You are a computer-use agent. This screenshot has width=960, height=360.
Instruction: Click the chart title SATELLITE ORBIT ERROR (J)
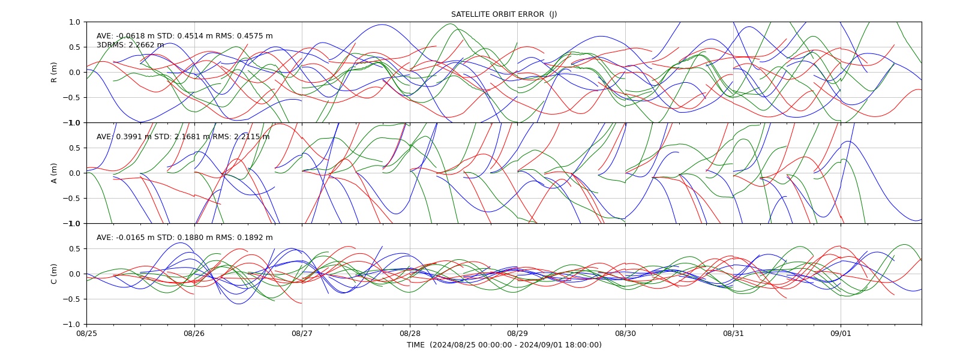tap(504, 14)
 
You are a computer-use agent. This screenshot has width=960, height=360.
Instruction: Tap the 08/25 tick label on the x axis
tap(86, 333)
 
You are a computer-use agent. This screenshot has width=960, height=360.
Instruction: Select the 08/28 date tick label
tap(410, 333)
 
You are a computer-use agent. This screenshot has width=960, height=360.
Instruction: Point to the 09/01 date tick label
tap(841, 333)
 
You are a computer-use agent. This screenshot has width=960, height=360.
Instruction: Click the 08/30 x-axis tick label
tap(625, 333)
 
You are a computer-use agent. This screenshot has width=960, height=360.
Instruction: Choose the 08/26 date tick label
tap(194, 333)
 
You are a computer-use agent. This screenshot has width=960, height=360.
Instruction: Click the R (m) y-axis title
tap(54, 73)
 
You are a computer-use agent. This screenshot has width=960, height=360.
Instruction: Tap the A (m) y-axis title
tap(54, 173)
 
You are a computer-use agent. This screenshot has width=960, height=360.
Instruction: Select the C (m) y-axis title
tap(54, 274)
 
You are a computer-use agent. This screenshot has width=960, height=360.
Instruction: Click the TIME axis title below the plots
tap(504, 345)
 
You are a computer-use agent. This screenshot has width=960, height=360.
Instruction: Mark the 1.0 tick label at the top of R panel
tap(74, 22)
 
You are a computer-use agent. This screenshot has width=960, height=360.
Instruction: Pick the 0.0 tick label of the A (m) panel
tap(74, 173)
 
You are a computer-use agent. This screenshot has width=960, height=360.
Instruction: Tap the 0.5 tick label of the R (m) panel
tap(74, 47)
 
